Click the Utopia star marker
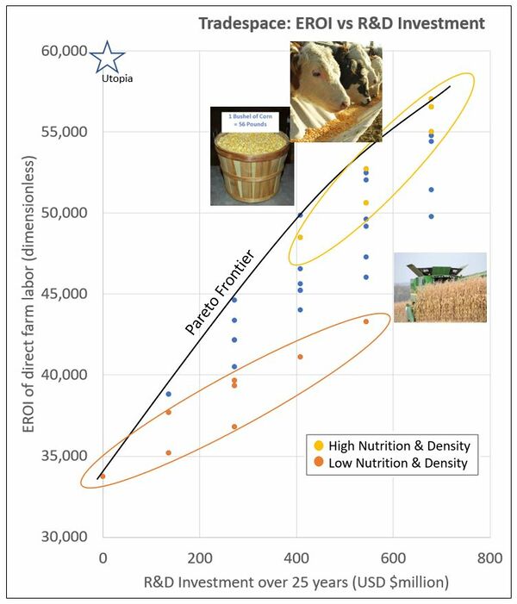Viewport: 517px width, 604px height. tap(107, 57)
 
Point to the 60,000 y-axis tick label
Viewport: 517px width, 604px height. tap(64, 51)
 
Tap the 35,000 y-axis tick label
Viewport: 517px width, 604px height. tap(64, 456)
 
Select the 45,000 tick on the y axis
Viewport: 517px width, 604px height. tap(64, 294)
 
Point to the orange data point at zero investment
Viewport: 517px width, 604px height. tap(103, 476)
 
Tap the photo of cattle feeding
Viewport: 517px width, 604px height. tap(334, 92)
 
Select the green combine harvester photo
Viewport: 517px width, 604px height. tap(439, 288)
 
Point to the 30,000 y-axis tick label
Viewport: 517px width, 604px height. tap(64, 537)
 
